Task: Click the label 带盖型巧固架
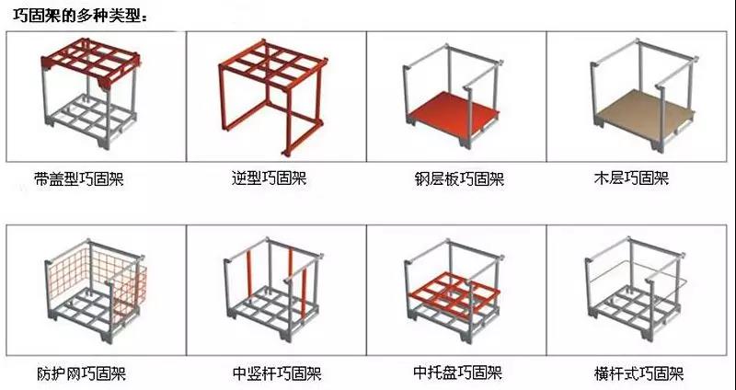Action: (79, 178)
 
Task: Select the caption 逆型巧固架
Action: (269, 178)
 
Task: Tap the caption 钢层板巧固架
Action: (459, 178)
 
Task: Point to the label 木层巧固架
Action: (631, 178)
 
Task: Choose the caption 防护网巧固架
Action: (81, 374)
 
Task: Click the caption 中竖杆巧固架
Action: (277, 374)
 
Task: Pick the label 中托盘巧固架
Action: (457, 373)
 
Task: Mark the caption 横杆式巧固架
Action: (638, 374)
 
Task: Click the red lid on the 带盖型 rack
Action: (90, 61)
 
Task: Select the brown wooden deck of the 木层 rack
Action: (643, 112)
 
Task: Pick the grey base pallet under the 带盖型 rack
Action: (91, 120)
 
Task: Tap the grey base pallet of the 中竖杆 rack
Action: (272, 311)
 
